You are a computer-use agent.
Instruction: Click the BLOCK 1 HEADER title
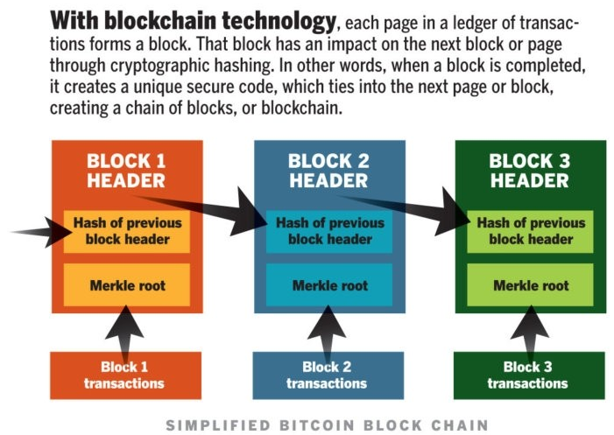point(126,171)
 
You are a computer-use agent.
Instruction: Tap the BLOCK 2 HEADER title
point(328,171)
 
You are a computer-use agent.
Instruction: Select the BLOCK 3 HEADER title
point(529,171)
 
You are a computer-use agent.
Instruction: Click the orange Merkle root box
point(127,285)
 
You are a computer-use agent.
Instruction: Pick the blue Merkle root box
point(328,285)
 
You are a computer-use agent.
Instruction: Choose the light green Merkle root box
point(530,285)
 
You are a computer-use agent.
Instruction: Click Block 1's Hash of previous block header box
point(127,231)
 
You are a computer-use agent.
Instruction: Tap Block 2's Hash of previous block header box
point(328,231)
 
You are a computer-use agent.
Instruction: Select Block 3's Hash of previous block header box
point(530,231)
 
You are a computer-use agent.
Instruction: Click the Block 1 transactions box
point(124,375)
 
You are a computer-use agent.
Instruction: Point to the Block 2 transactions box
point(326,375)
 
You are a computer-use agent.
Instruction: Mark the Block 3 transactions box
point(528,375)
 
